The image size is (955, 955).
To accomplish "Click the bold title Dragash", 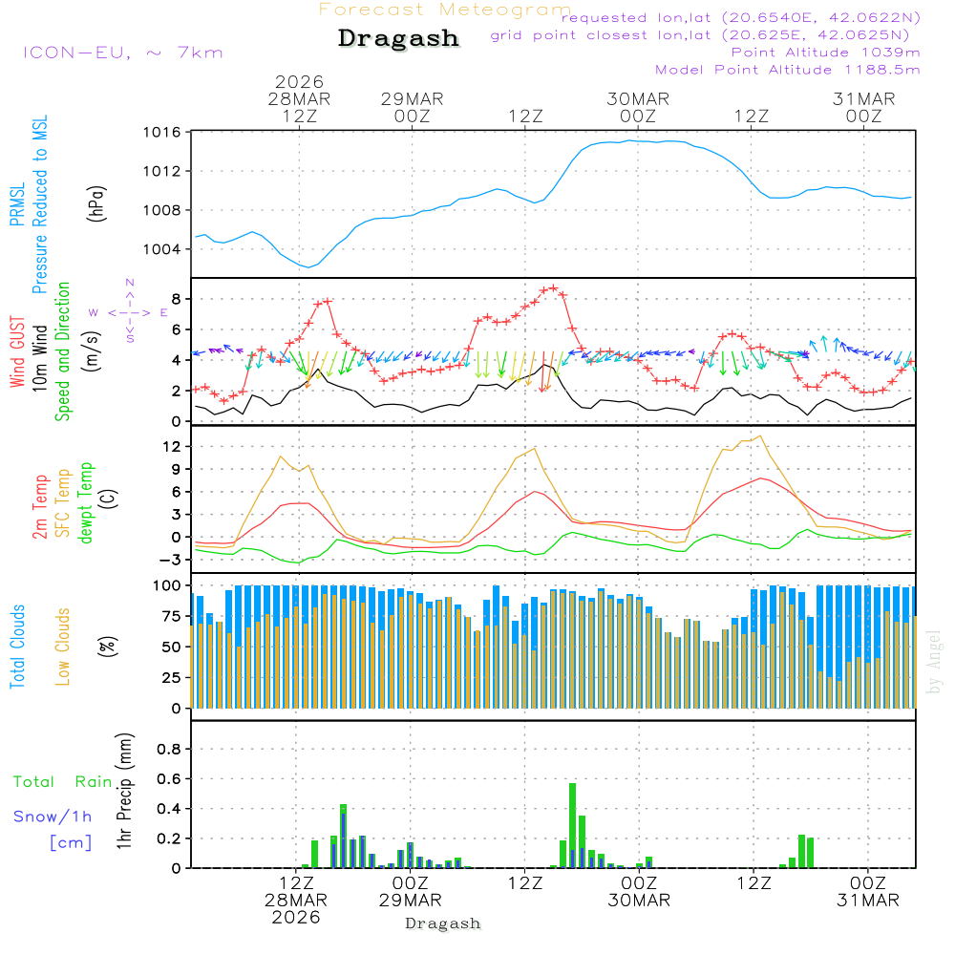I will pos(398,39).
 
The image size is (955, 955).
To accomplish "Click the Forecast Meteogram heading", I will pos(445,10).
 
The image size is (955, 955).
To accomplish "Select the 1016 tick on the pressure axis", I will pos(163,132).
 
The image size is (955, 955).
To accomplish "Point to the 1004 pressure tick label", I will pos(163,249).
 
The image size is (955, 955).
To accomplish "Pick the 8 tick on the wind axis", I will pos(176,299).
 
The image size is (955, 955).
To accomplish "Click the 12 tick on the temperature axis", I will pos(172,446).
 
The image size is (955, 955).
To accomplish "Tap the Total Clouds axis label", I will pos(17,647).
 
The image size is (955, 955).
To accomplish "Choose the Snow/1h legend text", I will pos(53,817).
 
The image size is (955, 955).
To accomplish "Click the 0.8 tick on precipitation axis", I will pos(168,749).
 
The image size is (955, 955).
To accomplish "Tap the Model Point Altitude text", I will pos(788,70).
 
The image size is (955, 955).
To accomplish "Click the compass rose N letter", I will pos(130,283).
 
